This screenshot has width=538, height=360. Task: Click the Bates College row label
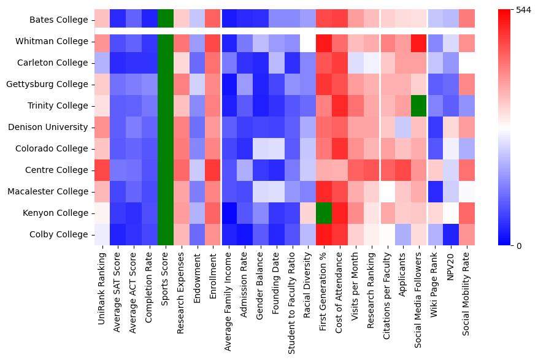pyautogui.click(x=60, y=20)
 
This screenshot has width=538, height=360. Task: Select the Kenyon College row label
pyautogui.click(x=58, y=213)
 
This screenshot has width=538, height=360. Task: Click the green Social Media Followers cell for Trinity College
pyautogui.click(x=420, y=105)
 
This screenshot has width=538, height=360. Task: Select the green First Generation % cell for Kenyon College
pyautogui.click(x=325, y=213)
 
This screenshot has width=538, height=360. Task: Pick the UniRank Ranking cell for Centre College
pyautogui.click(x=102, y=170)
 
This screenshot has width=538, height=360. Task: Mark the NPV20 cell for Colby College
pyautogui.click(x=452, y=234)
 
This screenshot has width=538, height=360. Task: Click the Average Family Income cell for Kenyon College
pyautogui.click(x=229, y=213)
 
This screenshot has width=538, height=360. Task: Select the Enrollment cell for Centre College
pyautogui.click(x=213, y=170)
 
